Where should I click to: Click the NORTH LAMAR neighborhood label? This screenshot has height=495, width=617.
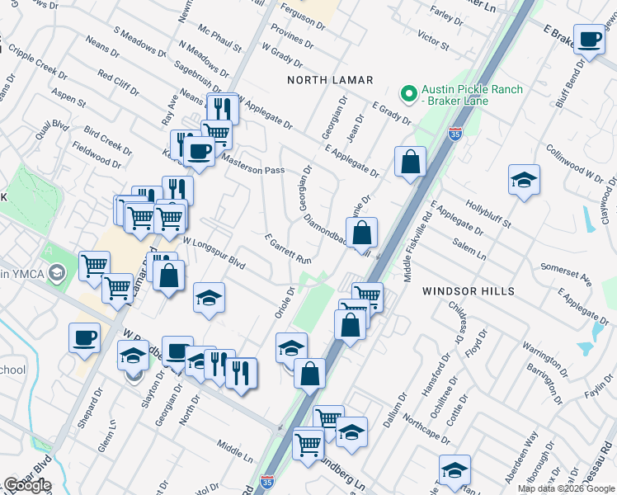tap(330, 80)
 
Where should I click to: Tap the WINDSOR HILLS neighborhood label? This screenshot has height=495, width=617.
tap(469, 291)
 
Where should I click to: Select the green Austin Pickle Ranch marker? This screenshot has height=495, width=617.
tap(406, 91)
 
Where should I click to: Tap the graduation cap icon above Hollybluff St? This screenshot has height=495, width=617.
tap(523, 180)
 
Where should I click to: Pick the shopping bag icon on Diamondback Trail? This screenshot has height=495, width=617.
tap(361, 234)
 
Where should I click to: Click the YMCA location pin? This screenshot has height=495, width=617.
tap(56, 271)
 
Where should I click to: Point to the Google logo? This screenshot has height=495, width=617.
tap(26, 485)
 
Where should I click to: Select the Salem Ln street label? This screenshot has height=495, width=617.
tap(469, 248)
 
